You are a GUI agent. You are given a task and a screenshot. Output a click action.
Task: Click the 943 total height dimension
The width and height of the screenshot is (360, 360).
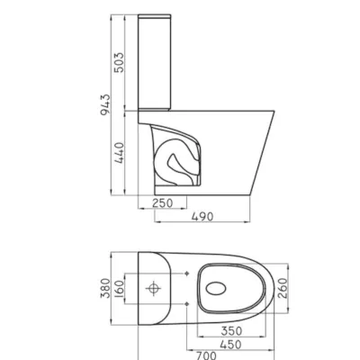click(x=105, y=104)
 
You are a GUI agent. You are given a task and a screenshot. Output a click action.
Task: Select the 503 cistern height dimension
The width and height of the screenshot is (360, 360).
click(x=119, y=62)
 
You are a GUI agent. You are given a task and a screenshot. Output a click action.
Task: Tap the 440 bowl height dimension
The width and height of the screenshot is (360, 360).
click(x=119, y=153)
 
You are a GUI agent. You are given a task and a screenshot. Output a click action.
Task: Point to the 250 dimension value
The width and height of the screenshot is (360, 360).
click(x=163, y=203)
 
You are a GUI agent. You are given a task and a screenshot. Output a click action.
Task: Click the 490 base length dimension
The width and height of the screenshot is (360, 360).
click(x=202, y=216)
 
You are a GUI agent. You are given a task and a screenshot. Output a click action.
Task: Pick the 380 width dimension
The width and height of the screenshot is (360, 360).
click(x=105, y=288)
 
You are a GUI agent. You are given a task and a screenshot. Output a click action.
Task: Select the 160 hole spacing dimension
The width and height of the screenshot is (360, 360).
click(x=119, y=289)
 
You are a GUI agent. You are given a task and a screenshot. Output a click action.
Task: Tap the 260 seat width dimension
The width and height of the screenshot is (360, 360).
click(x=283, y=288)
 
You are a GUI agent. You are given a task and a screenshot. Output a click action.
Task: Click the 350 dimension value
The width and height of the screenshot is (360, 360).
click(x=231, y=331)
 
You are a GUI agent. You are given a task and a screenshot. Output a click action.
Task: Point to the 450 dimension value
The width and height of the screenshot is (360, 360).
click(x=230, y=345)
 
